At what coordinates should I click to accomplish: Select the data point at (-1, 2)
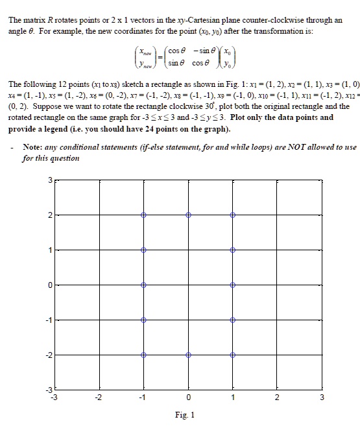tap(143, 215)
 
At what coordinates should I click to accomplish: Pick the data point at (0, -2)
tap(188, 355)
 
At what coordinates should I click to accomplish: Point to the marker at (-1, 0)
tap(143, 285)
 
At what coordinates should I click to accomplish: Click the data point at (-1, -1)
tap(143, 320)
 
